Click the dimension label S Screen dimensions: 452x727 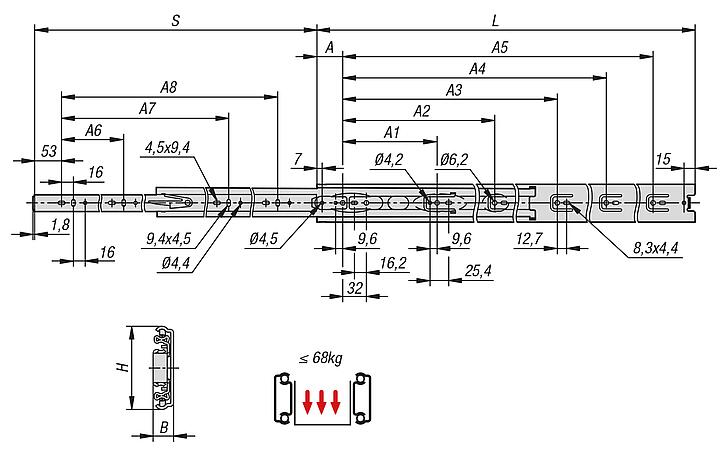[175, 19]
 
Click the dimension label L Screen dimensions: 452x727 [496, 19]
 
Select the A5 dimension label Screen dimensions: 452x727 [500, 47]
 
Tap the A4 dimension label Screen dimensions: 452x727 [477, 69]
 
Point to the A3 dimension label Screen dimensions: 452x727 [454, 90]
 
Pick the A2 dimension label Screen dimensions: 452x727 [421, 111]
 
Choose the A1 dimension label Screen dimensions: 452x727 [392, 131]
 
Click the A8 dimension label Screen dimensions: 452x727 [168, 88]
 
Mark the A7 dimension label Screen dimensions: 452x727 [147, 108]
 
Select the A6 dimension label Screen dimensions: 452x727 [93, 130]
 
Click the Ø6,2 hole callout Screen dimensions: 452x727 [453, 159]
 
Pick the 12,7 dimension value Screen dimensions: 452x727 [530, 239]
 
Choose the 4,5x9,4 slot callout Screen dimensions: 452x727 [167, 148]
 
